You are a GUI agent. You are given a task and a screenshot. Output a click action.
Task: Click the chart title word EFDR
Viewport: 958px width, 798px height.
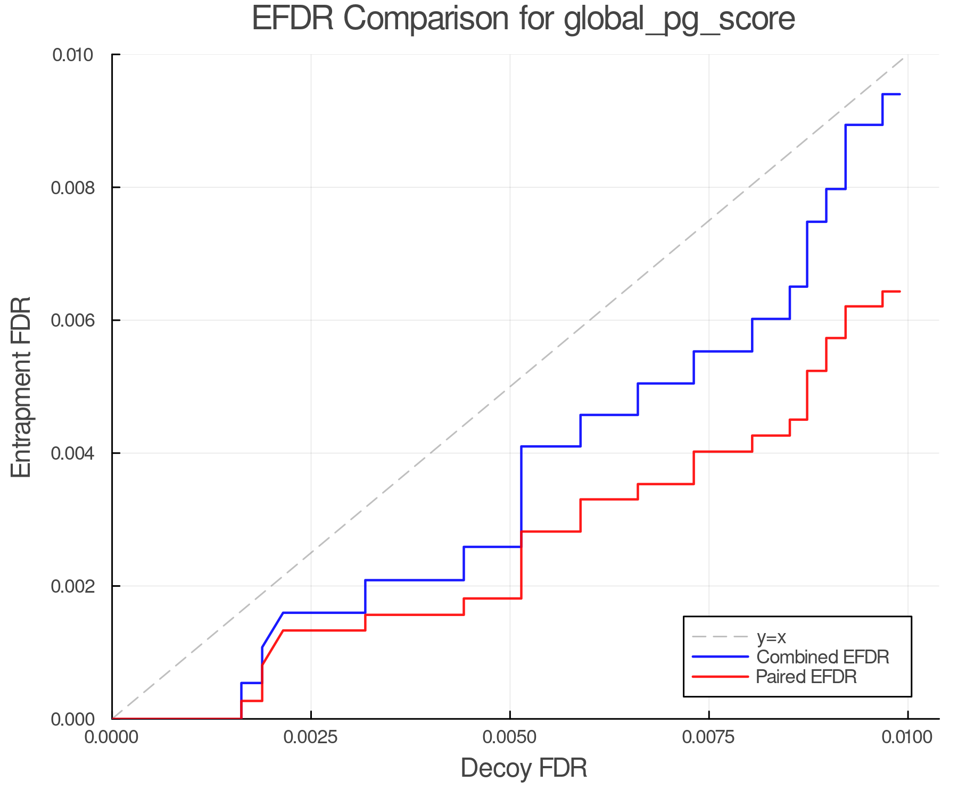click(293, 19)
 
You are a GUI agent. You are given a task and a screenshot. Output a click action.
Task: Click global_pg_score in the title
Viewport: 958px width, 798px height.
click(679, 20)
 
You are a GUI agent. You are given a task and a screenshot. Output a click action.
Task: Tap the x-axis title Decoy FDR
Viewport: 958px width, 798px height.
click(524, 768)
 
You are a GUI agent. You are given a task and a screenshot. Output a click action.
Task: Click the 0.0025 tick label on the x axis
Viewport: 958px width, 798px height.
click(311, 737)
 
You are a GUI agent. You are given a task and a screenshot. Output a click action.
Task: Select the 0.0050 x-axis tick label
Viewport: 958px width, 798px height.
click(510, 737)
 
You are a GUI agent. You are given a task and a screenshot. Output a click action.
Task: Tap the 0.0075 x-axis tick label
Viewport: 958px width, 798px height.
click(709, 737)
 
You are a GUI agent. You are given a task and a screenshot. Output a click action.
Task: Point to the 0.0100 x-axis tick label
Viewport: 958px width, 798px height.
click(907, 737)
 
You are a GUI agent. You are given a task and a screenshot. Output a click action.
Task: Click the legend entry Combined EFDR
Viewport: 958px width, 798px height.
click(822, 657)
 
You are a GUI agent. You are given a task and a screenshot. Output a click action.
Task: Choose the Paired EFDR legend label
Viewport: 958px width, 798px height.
click(806, 677)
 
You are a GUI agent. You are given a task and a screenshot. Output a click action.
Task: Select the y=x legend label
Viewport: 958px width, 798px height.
click(771, 637)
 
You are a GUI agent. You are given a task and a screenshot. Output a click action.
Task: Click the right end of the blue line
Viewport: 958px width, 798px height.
click(899, 94)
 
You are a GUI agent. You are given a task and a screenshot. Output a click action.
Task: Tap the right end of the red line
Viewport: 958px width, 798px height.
click(899, 292)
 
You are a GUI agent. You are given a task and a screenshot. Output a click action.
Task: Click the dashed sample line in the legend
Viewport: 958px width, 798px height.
click(720, 637)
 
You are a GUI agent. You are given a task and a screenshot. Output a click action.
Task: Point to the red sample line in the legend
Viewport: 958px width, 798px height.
click(720, 676)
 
